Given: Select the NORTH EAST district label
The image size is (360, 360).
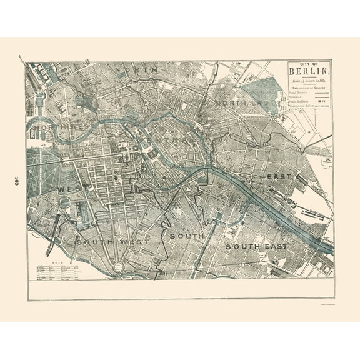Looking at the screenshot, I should click(241, 102).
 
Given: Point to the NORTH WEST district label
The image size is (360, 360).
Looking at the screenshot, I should click(60, 128).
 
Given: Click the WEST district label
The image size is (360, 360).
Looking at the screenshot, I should click(70, 189).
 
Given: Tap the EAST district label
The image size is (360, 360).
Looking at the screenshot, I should click(279, 177).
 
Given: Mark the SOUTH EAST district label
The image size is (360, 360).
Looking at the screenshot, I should click(256, 246).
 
